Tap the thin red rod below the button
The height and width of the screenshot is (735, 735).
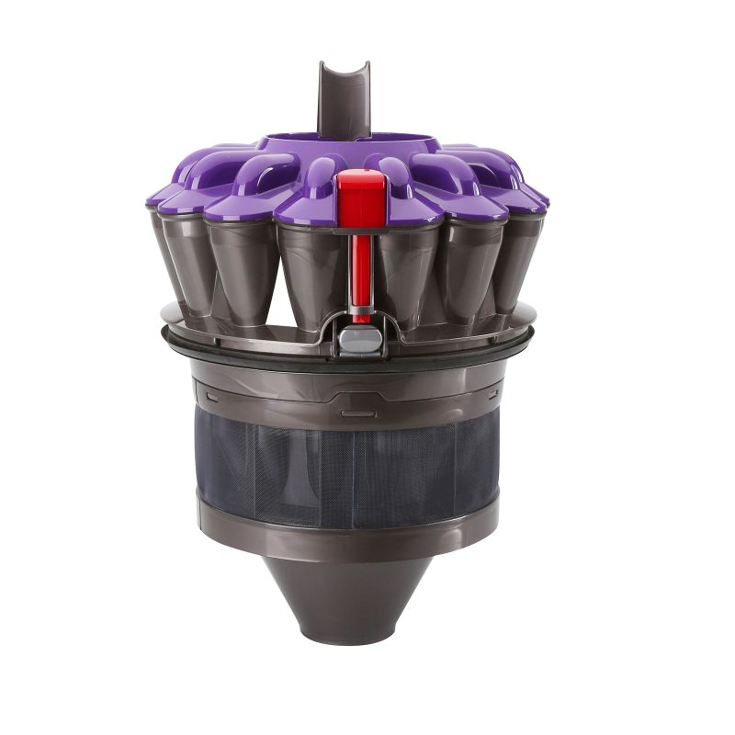362,271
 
